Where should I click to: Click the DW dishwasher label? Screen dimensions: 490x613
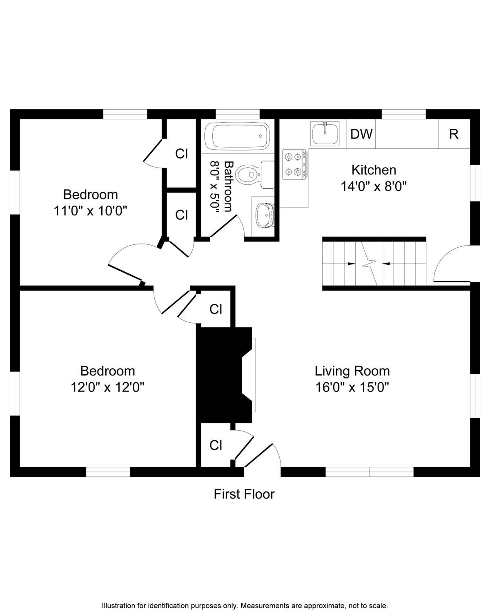[x=361, y=134]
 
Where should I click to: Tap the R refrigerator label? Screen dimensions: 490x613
[x=454, y=134]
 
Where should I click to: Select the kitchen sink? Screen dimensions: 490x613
[x=325, y=133]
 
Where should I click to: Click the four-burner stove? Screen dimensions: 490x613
[x=294, y=164]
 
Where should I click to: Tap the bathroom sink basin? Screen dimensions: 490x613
[x=265, y=216]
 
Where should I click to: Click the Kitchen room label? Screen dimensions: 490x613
[x=374, y=170]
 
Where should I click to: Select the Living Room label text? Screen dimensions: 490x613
[x=352, y=371]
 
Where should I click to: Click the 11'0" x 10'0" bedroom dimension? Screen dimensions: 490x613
[x=90, y=211]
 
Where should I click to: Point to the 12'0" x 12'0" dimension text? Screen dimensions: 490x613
[x=107, y=387]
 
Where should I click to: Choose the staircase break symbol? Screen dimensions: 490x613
[x=369, y=264]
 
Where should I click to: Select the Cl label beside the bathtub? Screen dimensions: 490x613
[x=181, y=154]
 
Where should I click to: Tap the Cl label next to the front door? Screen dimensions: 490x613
[x=216, y=445]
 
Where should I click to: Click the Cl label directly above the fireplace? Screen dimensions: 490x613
[x=216, y=309]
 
